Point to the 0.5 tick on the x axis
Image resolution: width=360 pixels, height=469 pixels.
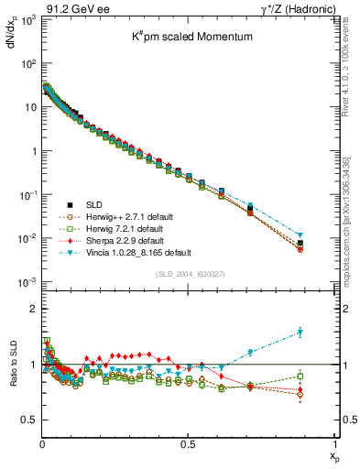pyautogui.click(x=188, y=443)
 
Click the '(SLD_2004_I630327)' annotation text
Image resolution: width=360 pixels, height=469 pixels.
pyautogui.click(x=189, y=273)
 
